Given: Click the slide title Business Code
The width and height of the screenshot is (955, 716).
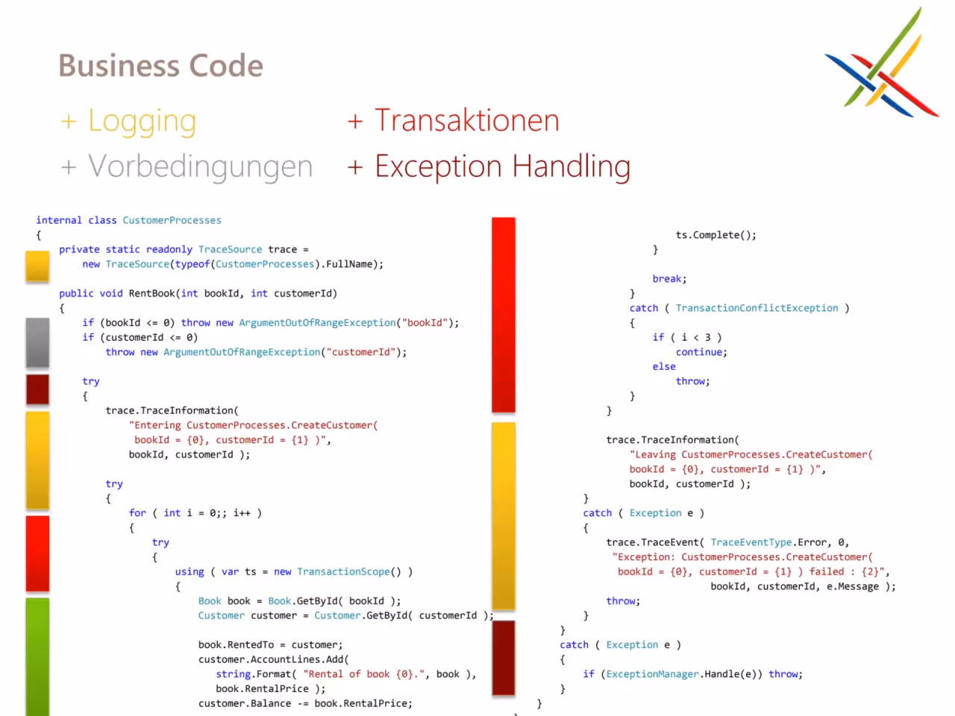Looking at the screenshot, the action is point(161,66).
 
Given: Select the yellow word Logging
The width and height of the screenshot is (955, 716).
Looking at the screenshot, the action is point(142,122).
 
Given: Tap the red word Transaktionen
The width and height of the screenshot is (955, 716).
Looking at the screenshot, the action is point(467,120).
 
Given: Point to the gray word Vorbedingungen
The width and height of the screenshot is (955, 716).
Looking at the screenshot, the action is point(201,167).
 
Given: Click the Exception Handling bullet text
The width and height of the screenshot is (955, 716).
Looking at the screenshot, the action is point(503,167).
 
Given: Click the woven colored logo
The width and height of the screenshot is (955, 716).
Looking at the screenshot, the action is point(882,63).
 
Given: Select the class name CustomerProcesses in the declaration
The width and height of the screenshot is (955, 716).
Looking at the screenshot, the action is point(172,221).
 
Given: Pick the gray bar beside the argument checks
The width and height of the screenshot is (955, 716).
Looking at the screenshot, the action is point(37,342).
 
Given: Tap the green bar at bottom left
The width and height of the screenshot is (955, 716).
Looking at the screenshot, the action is point(37,656).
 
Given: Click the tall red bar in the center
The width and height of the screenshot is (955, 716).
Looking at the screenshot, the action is point(504,314).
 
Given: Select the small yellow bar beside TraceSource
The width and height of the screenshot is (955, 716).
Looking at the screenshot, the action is point(37,266).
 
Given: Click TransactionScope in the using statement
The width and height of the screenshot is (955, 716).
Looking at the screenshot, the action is point(343,571).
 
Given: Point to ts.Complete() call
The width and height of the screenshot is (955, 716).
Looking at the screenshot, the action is point(716,235).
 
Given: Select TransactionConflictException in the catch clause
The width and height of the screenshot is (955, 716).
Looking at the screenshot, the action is point(757,308).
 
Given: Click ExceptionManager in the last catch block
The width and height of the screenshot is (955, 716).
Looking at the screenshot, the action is point(652,674).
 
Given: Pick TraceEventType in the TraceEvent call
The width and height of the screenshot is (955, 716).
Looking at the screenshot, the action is point(751,542).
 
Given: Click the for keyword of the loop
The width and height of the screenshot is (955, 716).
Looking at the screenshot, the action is point(137,513).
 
